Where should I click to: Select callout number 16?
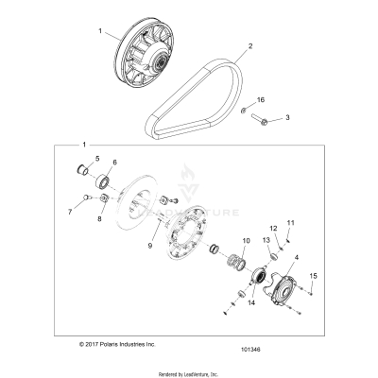(262, 99)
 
